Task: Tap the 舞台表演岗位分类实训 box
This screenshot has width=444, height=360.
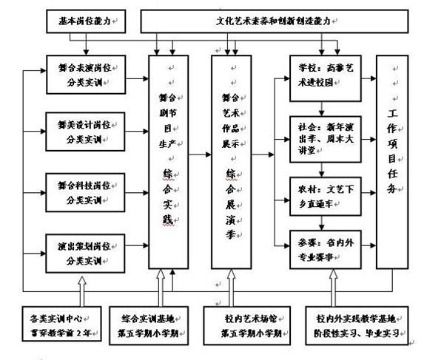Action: click(83, 73)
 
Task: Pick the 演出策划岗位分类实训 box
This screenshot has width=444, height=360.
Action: click(83, 254)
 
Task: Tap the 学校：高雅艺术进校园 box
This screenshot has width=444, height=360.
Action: click(325, 73)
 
